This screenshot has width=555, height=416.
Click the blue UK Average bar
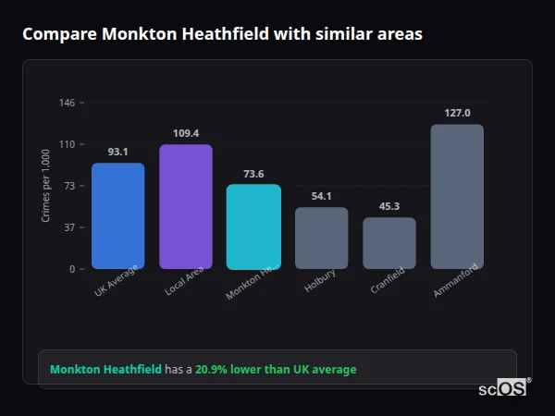point(117,215)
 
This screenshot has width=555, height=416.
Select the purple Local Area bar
point(185,206)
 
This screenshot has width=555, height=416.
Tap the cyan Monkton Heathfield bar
point(253,226)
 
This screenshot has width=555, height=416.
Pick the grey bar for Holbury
point(321,238)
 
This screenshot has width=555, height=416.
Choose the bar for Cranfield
point(388,243)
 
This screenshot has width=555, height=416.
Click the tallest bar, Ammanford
point(457,196)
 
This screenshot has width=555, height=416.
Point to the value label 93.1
point(117,152)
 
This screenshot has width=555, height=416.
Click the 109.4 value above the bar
point(185,133)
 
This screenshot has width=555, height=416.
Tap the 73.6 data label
point(253,174)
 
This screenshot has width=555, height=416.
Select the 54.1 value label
point(321,196)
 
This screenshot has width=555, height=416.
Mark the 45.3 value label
point(388,206)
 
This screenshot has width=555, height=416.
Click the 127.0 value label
point(457,113)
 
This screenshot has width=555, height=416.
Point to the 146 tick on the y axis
point(67,103)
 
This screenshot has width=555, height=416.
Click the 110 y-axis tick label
point(67,144)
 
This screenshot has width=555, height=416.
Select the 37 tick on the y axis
point(68,227)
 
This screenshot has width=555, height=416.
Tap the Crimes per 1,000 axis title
point(45,185)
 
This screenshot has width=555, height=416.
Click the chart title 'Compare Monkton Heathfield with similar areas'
point(222,34)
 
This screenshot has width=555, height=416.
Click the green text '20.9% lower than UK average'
point(275,370)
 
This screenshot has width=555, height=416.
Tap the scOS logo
point(502,389)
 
